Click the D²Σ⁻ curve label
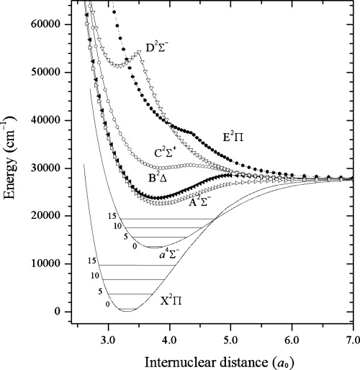(161, 49)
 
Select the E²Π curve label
(233, 142)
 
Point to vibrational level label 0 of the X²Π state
(108, 304)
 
